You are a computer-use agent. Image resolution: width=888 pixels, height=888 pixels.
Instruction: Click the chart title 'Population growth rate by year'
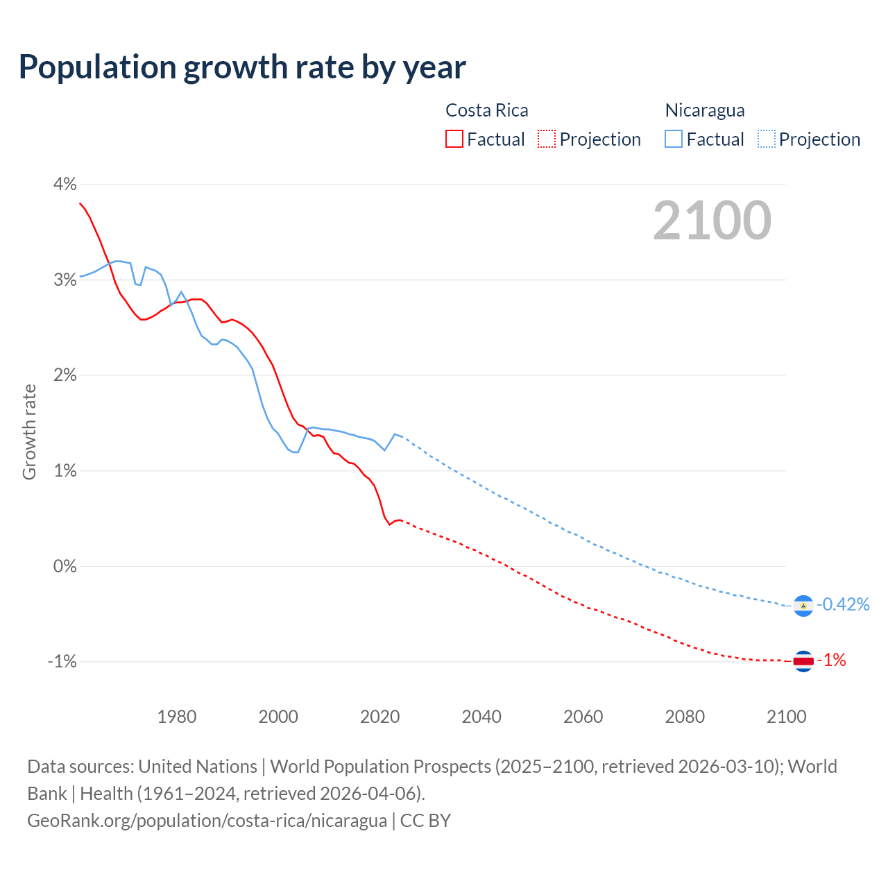click(242, 67)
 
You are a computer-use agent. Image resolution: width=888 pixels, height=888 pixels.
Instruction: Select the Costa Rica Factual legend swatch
click(454, 139)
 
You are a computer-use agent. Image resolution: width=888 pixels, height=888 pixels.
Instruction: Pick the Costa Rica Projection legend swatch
click(547, 139)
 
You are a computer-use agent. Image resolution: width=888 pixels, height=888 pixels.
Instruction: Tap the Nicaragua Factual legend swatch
click(674, 139)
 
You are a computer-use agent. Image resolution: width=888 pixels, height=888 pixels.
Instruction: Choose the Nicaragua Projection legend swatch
click(766, 139)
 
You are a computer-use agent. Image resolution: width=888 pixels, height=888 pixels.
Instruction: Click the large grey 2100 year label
click(712, 220)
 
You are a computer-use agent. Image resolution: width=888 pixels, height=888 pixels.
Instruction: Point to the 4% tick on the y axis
click(65, 184)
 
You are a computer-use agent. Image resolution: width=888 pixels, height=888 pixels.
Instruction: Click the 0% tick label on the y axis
click(65, 566)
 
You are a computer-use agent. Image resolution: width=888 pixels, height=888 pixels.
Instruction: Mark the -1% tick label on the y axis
click(62, 661)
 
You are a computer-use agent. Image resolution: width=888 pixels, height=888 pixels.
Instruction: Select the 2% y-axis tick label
click(65, 375)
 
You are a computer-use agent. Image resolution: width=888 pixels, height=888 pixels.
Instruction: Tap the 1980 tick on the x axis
click(177, 717)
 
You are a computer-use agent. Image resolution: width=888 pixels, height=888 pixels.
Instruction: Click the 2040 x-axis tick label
click(481, 717)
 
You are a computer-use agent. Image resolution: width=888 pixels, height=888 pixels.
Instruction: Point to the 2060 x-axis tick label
click(583, 717)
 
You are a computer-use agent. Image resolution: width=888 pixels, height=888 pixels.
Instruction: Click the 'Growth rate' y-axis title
click(29, 432)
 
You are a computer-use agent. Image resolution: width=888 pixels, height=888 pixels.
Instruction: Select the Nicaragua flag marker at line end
click(803, 606)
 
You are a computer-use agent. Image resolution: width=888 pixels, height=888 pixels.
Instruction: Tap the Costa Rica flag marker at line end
click(803, 661)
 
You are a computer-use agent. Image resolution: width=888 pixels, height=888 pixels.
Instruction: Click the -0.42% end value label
click(843, 604)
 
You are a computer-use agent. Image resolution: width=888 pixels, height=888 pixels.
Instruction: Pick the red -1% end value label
click(832, 660)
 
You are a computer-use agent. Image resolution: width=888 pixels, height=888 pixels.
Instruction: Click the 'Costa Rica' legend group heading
click(486, 110)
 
